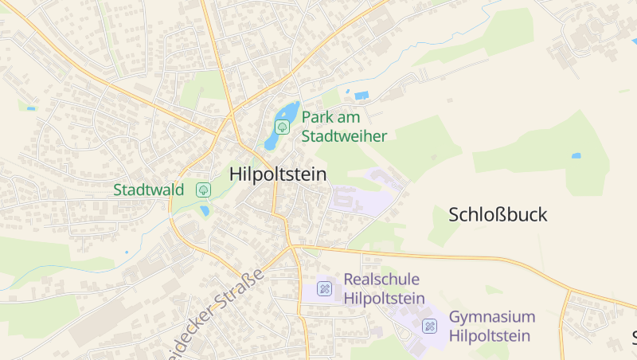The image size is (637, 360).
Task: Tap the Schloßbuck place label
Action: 498,214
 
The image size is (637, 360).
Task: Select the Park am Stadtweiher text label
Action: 343,127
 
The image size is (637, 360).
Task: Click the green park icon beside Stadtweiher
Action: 281,127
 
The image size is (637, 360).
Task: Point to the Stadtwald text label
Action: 149,190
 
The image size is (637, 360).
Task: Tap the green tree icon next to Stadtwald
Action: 203,190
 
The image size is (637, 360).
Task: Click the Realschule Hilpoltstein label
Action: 383,288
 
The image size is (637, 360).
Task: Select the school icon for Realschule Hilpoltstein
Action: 324,288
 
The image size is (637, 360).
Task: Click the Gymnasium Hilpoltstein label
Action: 491,326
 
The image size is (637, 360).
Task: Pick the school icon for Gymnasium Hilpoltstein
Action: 430,326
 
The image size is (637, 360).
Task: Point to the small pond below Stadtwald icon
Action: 205,211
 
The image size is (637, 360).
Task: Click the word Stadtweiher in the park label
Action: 344,136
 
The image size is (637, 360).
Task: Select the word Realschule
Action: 382,279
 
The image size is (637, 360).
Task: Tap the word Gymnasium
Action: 492,316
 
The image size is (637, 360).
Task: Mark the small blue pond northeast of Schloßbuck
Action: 576,155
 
